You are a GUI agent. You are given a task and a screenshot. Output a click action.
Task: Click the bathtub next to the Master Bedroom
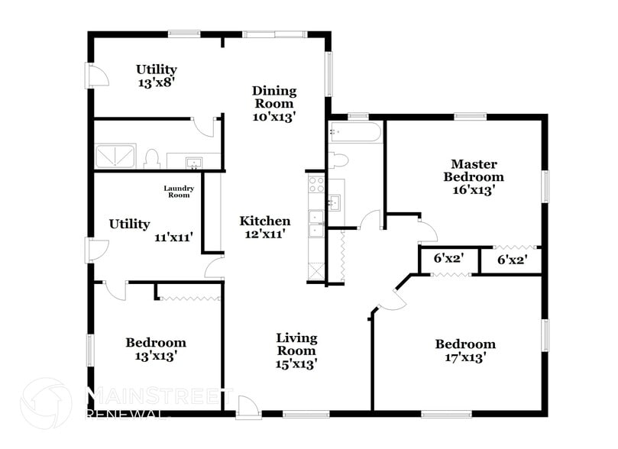tap(354, 134)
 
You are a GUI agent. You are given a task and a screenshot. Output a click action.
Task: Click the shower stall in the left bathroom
tap(116, 157)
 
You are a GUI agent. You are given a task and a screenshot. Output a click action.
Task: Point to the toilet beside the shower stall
tap(151, 158)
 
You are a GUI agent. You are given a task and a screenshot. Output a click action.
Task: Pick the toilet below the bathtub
tap(338, 160)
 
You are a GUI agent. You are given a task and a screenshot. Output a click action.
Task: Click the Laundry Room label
tap(179, 191)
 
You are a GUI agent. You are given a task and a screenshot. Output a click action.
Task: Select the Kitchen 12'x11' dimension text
tap(265, 234)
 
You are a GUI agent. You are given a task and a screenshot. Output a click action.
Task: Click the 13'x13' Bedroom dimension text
tap(155, 356)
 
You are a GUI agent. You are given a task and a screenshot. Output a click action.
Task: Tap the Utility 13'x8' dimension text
tap(157, 82)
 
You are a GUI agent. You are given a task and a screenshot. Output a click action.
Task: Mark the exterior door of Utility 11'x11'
tap(97, 250)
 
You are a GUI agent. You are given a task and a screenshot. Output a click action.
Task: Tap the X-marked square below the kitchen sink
tap(315, 270)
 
